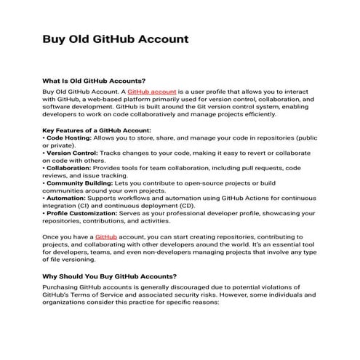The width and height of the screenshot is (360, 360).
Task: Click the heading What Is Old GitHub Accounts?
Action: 95,81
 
